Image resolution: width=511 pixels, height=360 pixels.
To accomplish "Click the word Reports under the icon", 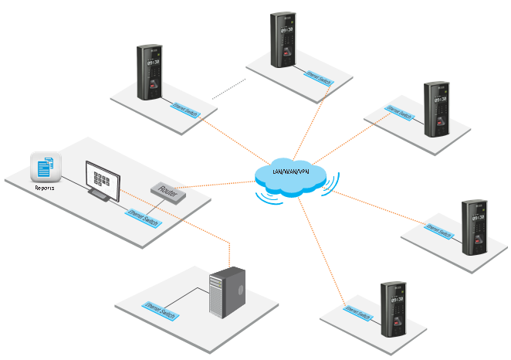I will click(x=44, y=188).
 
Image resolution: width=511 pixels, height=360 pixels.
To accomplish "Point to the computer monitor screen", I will click(x=103, y=178).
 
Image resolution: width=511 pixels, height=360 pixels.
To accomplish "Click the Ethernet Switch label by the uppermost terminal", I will click(x=317, y=76).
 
